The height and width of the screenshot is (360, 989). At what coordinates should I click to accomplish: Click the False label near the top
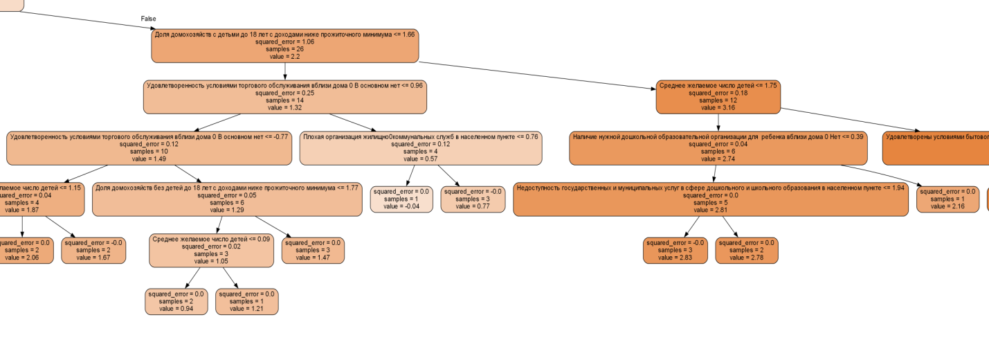pos(148,18)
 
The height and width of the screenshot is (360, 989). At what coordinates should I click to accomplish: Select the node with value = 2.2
pos(285,46)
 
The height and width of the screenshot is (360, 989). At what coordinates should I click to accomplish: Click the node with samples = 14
pos(284,97)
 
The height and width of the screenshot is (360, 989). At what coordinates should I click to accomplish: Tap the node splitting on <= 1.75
pos(718,97)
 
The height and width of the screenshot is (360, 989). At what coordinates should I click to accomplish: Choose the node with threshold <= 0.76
pos(420,147)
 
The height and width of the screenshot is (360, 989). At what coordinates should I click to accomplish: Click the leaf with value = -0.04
pos(401,199)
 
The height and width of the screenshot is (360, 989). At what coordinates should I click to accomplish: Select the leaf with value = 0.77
pos(473,199)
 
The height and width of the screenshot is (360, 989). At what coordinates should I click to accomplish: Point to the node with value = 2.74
pos(718,147)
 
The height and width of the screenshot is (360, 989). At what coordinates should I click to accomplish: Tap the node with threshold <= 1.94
pos(710,199)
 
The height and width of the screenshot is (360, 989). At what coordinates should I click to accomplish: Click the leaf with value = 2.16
pos(947,199)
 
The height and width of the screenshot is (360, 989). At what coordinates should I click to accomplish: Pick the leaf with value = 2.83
pos(675,250)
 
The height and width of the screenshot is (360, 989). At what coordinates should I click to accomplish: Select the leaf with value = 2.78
pos(746,250)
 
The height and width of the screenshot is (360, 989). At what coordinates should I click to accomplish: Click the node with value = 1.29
pos(226,199)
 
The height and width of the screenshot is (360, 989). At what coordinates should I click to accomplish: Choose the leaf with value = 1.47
pos(313,250)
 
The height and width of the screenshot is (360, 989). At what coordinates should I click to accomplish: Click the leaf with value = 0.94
pos(176,301)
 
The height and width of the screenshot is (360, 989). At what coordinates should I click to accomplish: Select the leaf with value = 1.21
pos(246,301)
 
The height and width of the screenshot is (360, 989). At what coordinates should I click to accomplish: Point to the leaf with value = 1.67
pos(93,250)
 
